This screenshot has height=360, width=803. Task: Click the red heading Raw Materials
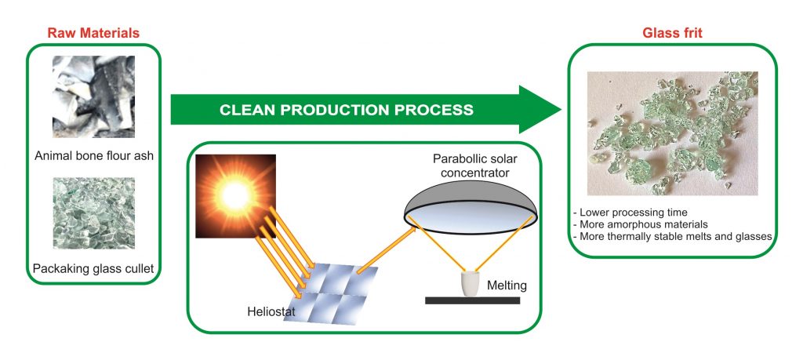click(x=93, y=33)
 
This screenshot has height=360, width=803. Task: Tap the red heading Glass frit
click(x=672, y=33)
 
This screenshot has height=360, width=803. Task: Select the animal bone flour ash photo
click(x=94, y=96)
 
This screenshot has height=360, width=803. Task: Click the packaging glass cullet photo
click(x=94, y=213)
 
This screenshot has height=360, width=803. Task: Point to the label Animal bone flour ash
click(x=94, y=155)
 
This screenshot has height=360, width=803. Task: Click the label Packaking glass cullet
click(x=93, y=268)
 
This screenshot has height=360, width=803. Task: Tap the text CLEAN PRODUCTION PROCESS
click(x=347, y=110)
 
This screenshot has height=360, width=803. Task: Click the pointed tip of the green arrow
click(x=561, y=110)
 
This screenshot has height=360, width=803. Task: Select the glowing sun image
click(x=235, y=196)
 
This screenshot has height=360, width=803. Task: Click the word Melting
click(x=507, y=285)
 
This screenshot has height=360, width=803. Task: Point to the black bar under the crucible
click(x=472, y=300)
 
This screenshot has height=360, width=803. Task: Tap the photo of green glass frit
click(x=672, y=133)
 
